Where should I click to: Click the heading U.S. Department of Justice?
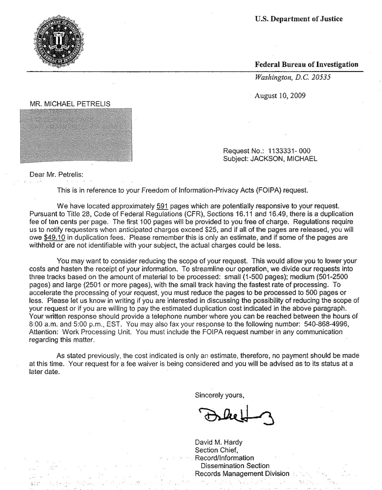click(x=299, y=19)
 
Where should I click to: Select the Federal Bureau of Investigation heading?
click(x=306, y=65)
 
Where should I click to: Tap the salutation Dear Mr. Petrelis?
click(x=56, y=175)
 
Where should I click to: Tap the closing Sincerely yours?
click(x=219, y=395)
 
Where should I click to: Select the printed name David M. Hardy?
click(x=219, y=442)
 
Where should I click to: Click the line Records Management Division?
click(x=242, y=473)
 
